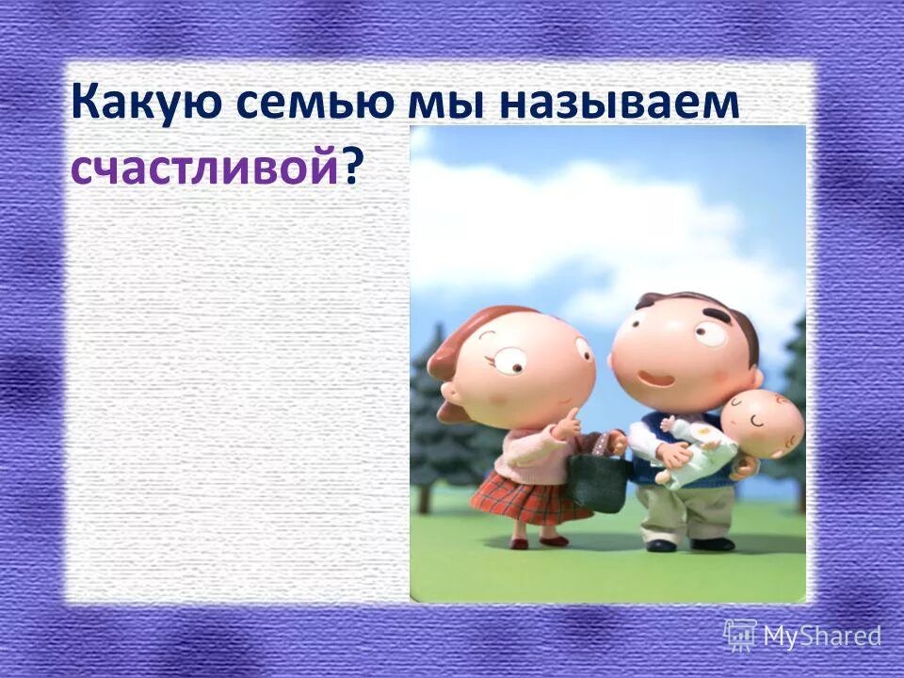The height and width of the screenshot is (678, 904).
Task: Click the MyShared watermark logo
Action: (x=802, y=636)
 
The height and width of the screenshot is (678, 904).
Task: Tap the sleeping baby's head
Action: (x=763, y=424)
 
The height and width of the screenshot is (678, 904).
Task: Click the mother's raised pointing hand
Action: (x=568, y=426)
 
